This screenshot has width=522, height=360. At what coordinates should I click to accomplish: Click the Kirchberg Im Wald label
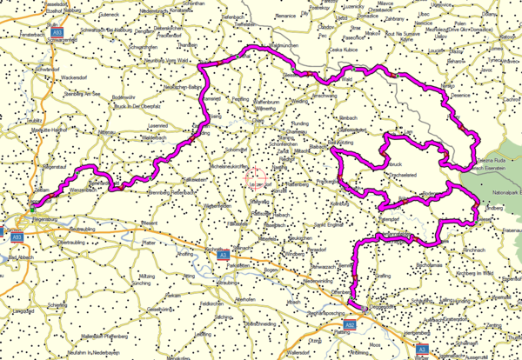point(477,274)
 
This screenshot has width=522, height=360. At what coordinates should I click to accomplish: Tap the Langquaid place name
point(23,310)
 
